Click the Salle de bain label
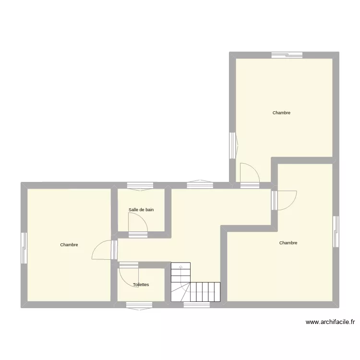[141, 210]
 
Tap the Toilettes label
[141, 285]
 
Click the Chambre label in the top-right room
[281, 113]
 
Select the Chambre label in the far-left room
[69, 245]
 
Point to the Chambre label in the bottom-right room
[288, 243]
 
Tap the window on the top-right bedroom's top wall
[287, 55]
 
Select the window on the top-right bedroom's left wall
[232, 145]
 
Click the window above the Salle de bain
[140, 185]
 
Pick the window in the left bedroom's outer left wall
[24, 248]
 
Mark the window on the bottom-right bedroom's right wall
[336, 232]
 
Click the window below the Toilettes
[139, 304]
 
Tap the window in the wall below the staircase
[196, 304]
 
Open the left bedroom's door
[103, 250]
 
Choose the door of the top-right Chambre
[249, 173]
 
